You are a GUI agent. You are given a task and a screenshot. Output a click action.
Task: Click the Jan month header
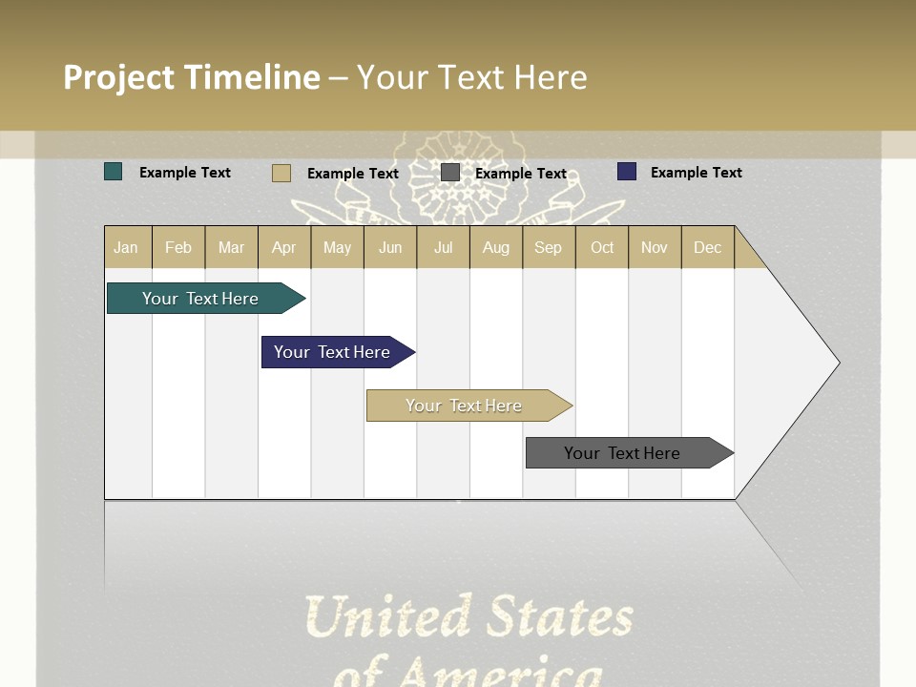tap(126, 247)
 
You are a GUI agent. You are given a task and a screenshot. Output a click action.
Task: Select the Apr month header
tap(283, 247)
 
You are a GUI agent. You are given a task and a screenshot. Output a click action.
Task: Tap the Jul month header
tap(443, 247)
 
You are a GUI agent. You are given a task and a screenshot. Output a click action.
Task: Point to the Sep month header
tap(548, 247)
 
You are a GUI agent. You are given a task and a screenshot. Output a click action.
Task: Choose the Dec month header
tap(707, 247)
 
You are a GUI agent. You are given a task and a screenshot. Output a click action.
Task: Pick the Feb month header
tap(178, 247)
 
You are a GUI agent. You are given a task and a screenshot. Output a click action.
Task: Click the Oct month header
tap(602, 247)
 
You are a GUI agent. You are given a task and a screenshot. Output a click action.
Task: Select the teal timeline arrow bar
tap(200, 299)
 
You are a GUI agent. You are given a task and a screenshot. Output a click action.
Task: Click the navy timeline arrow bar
tap(332, 352)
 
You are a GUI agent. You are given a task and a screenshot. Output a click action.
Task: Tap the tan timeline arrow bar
tap(464, 406)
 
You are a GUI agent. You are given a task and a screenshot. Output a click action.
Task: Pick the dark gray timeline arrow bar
tap(622, 453)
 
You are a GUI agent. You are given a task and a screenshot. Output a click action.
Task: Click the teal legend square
tap(114, 172)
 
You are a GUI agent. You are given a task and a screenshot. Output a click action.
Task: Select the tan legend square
tap(281, 173)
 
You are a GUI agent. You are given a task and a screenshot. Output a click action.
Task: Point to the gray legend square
tap(450, 173)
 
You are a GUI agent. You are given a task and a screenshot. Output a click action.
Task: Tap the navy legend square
tap(627, 172)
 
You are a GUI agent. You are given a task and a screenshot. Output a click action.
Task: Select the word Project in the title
tap(118, 77)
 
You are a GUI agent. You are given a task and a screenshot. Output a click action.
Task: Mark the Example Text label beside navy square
tap(696, 173)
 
